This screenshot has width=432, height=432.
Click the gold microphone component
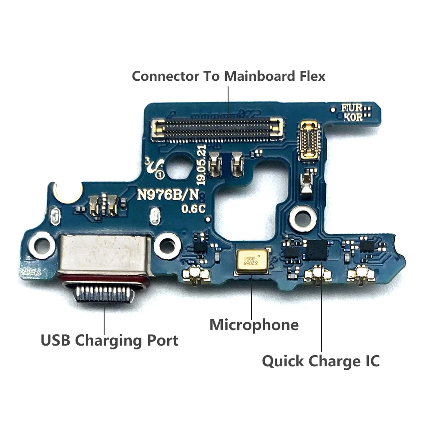[252, 262]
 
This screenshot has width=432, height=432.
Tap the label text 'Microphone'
[254, 325]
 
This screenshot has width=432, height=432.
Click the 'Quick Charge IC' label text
[321, 361]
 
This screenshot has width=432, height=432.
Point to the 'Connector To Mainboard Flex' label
[229, 76]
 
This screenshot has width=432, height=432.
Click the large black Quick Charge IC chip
[317, 250]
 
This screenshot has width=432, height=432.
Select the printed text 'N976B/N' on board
[162, 195]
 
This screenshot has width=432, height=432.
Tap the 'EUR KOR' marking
[352, 113]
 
